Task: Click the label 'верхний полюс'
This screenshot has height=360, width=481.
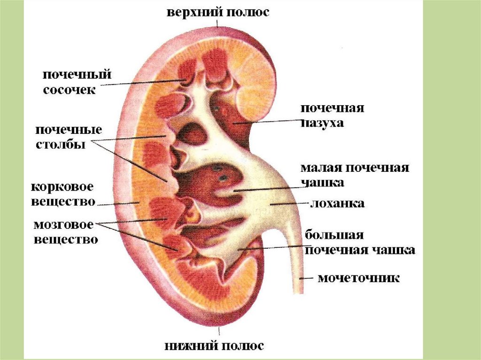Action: (217, 12)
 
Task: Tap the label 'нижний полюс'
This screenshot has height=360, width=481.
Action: (214, 346)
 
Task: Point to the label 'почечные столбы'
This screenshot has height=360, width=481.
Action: (69, 137)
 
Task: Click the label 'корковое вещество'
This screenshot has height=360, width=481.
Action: (62, 194)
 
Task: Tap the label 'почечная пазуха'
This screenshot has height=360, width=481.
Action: (332, 115)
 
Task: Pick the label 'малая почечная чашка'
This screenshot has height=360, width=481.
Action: (355, 175)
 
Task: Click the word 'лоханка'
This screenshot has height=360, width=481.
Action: (336, 204)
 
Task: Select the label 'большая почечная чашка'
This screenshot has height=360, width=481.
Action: (360, 242)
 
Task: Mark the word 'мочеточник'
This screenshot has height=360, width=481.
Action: (359, 278)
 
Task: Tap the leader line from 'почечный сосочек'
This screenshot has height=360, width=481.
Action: (141, 83)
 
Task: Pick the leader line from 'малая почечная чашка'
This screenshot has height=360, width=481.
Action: (268, 187)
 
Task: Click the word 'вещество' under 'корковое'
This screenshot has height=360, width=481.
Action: (63, 201)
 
